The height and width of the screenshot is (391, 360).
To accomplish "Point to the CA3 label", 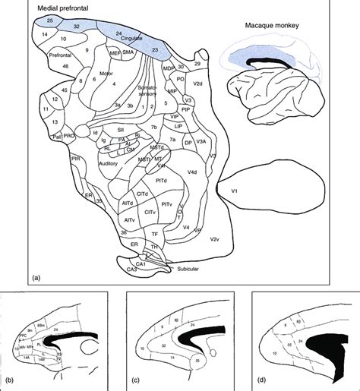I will click(132, 269).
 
